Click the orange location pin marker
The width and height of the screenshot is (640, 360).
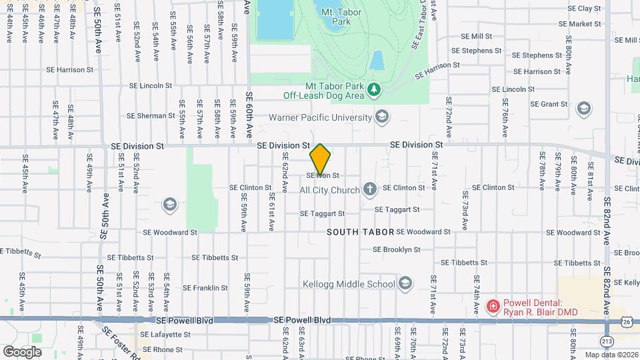321,159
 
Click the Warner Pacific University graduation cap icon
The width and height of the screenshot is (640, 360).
382,117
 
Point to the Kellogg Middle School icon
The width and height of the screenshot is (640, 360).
405,284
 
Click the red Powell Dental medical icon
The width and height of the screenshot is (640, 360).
493,306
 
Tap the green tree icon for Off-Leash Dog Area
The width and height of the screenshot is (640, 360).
375,89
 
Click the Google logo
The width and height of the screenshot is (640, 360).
22,351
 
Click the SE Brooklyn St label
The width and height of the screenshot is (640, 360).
396,250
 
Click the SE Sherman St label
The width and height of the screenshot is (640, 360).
151,116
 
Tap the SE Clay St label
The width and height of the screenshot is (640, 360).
584,9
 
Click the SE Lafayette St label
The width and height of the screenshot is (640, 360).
163,335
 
